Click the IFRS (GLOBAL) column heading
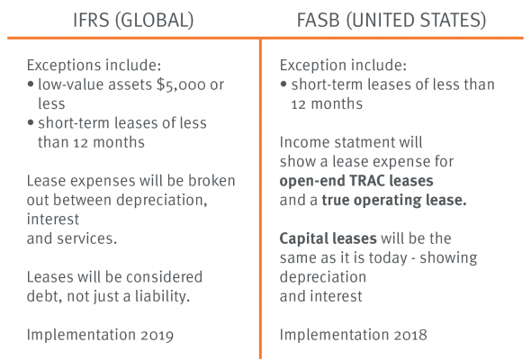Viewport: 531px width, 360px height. (133, 20)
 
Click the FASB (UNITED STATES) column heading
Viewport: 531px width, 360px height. (391, 20)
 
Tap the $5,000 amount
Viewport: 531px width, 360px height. (181, 85)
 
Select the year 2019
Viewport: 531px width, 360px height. (157, 335)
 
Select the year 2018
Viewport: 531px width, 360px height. (410, 335)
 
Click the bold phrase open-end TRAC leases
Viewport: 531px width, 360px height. (356, 181)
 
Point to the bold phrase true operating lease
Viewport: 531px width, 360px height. (394, 201)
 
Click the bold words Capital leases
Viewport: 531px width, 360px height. (328, 238)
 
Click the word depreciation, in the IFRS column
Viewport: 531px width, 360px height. (162, 201)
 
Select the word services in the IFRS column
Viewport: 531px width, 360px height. (86, 238)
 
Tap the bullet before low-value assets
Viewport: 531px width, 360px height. (31, 84)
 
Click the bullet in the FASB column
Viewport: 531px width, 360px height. (283, 84)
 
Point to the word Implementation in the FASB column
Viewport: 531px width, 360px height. (334, 335)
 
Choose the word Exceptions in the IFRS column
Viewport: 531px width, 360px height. (63, 66)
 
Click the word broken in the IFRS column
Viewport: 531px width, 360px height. (211, 181)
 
